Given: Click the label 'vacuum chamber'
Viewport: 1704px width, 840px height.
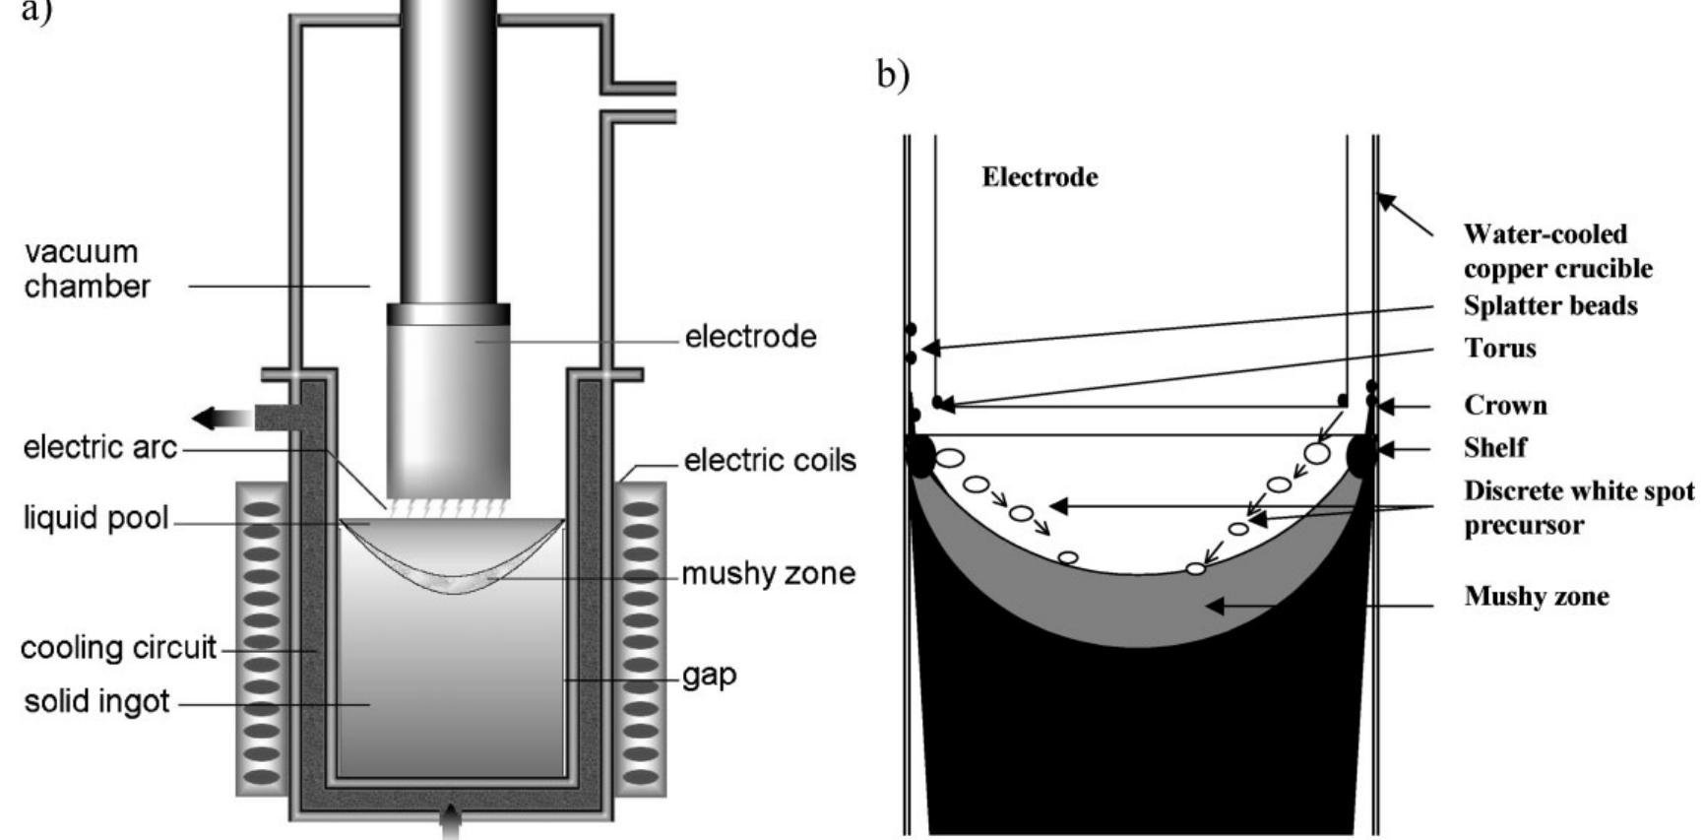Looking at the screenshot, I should click(x=87, y=269).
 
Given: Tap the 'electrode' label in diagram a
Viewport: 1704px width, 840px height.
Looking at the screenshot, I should click(x=750, y=337).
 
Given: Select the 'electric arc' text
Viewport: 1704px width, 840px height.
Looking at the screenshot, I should click(x=99, y=448).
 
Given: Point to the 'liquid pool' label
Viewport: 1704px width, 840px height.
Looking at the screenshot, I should click(x=95, y=518).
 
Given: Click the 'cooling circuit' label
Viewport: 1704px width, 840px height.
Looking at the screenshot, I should click(x=117, y=648).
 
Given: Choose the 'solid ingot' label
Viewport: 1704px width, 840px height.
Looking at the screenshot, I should click(x=96, y=702).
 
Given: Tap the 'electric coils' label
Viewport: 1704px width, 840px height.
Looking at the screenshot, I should click(x=770, y=460).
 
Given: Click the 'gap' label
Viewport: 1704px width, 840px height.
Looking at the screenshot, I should click(x=709, y=676).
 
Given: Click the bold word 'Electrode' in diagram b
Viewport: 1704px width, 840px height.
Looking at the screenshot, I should click(x=1040, y=177).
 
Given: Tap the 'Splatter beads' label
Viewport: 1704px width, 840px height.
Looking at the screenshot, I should click(x=1549, y=305).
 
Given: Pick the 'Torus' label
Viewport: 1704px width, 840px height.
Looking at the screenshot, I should click(x=1499, y=348).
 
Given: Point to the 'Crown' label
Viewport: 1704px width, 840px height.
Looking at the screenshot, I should click(x=1505, y=405).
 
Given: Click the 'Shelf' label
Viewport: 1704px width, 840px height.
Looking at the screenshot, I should click(x=1494, y=447).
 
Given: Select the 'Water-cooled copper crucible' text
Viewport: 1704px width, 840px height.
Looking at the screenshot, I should click(x=1556, y=251).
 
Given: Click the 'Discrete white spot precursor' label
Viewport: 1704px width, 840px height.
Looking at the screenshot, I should click(x=1578, y=507).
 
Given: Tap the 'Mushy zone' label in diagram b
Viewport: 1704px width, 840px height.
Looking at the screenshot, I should click(x=1536, y=596).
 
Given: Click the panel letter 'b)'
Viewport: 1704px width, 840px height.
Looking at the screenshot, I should click(x=892, y=75).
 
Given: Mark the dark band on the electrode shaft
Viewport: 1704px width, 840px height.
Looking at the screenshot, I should click(x=448, y=314).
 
